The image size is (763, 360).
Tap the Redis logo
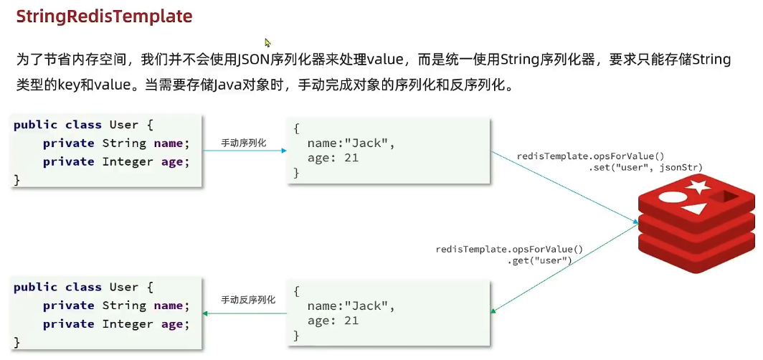click(696, 224)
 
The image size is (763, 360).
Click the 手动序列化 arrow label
click(244, 143)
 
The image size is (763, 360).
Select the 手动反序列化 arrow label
click(248, 300)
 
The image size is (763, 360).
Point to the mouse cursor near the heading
click(267, 43)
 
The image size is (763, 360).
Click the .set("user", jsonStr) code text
click(645, 167)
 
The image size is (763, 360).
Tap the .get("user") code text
click(539, 260)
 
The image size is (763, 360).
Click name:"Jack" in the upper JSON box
click(351, 143)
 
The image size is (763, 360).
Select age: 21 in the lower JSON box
click(333, 321)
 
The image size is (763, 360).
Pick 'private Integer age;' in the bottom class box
click(116, 324)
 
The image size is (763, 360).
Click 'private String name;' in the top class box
click(116, 143)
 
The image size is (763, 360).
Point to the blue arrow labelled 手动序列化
click(244, 151)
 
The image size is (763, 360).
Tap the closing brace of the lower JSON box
click(296, 335)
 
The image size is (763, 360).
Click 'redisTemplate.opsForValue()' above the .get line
click(509, 250)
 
